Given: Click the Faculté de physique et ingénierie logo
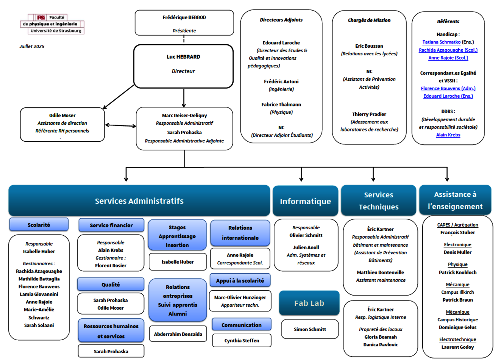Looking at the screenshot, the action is [x=52, y=24].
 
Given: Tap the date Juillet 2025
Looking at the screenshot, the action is [x=32, y=46].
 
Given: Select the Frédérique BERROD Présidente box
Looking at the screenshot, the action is [x=184, y=23].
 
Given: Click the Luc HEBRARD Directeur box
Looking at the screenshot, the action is [x=183, y=66].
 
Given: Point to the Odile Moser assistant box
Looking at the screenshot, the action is [x=62, y=124].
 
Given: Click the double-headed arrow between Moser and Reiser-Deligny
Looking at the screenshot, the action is [x=120, y=125].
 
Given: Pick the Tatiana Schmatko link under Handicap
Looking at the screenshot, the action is [x=441, y=42].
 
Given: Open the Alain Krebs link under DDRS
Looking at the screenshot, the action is [x=448, y=135].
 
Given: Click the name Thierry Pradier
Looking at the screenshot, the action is [x=369, y=114].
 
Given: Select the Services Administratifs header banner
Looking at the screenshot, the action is [x=139, y=200].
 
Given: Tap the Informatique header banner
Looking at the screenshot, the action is [x=305, y=201].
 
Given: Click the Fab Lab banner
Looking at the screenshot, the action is [x=309, y=303].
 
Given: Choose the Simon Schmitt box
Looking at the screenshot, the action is [x=310, y=329].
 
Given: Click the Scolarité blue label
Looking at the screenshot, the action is [x=39, y=225].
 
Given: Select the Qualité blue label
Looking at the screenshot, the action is [x=111, y=284].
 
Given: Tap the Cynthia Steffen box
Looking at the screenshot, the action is [x=242, y=341].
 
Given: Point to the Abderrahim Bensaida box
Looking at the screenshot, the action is [x=178, y=334].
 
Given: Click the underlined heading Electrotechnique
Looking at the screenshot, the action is [x=457, y=340].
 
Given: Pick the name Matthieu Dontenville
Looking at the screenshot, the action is [x=381, y=272].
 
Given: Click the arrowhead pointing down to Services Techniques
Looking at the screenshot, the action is [x=373, y=179].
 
